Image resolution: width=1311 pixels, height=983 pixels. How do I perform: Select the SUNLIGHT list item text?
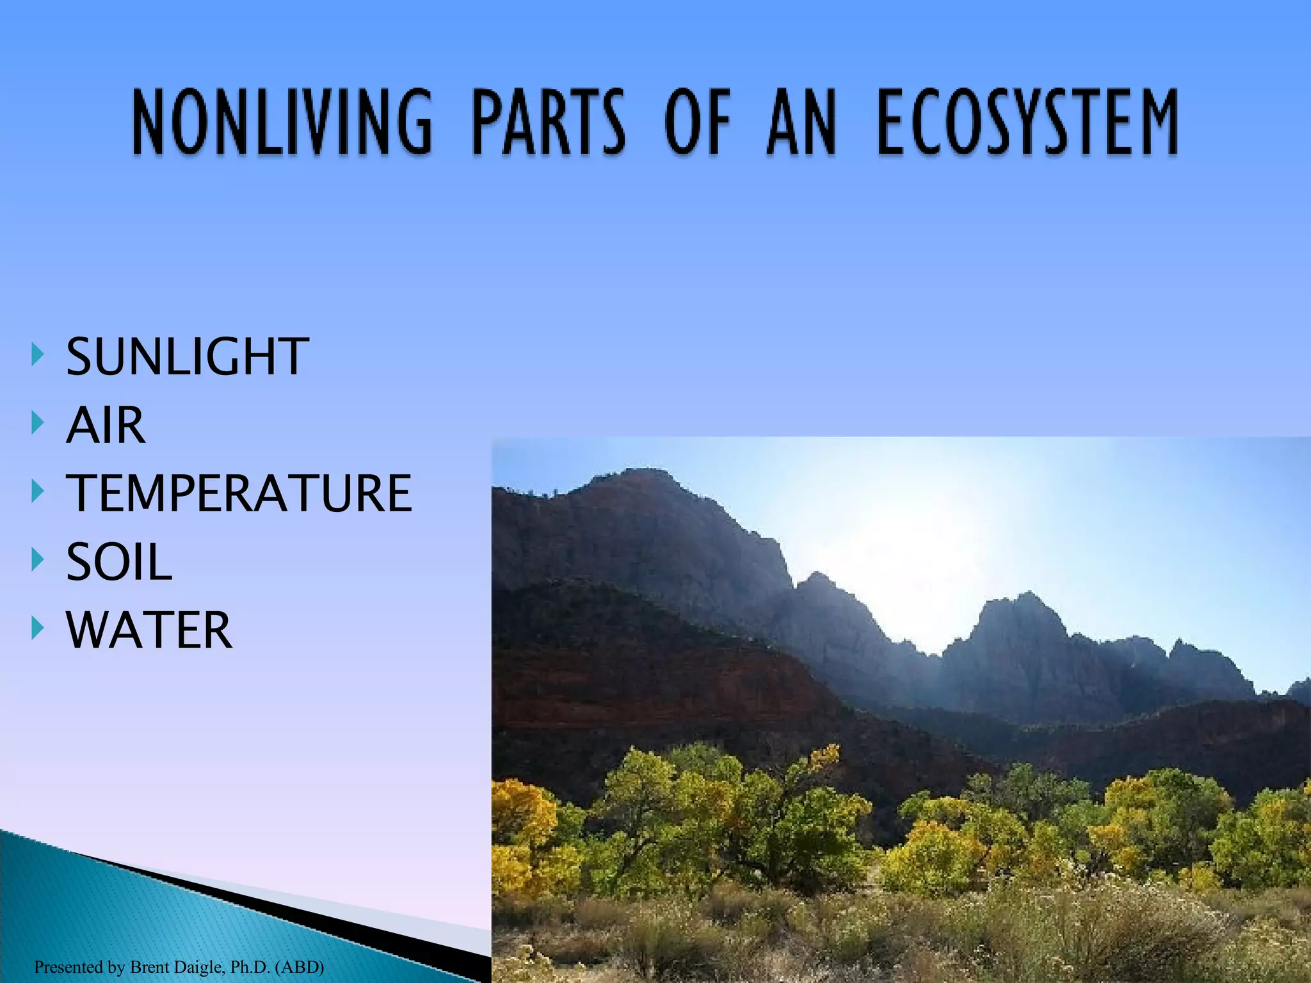click(x=188, y=356)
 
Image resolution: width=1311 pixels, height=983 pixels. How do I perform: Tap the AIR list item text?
click(x=106, y=425)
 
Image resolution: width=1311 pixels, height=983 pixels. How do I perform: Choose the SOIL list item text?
click(x=120, y=562)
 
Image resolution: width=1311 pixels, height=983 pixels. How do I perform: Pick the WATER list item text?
click(x=149, y=630)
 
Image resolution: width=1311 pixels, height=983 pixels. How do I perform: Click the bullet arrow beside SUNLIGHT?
click(x=38, y=354)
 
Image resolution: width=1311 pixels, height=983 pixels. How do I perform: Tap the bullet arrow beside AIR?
click(x=38, y=422)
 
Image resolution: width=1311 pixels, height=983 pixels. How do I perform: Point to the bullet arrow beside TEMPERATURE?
click(x=38, y=491)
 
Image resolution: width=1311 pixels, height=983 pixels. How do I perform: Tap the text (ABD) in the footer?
click(x=299, y=966)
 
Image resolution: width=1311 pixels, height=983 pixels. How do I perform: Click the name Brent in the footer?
click(x=149, y=966)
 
